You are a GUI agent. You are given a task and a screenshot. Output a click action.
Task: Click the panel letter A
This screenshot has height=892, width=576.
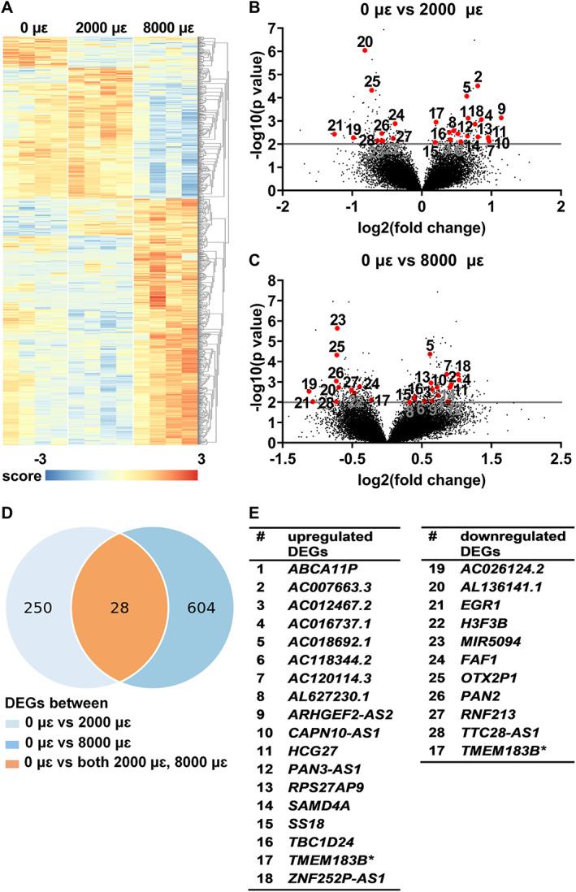pos(9,10)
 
